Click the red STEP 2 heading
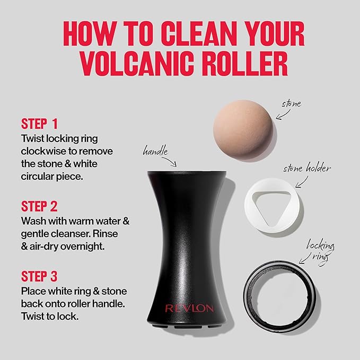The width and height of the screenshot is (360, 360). pos(40,206)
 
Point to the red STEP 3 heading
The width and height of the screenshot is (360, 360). pos(40,276)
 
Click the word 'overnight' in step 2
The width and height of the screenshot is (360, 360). pos(91,246)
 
